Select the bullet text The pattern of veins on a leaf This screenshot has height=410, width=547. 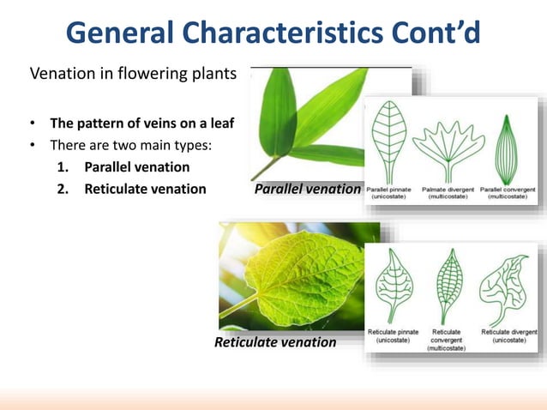coord(141,122)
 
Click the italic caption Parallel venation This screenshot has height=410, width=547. coord(308,189)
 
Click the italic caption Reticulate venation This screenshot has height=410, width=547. coord(275,342)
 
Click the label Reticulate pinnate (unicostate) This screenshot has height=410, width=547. coord(393,335)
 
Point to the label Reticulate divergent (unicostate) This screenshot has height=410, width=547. coord(509,335)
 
